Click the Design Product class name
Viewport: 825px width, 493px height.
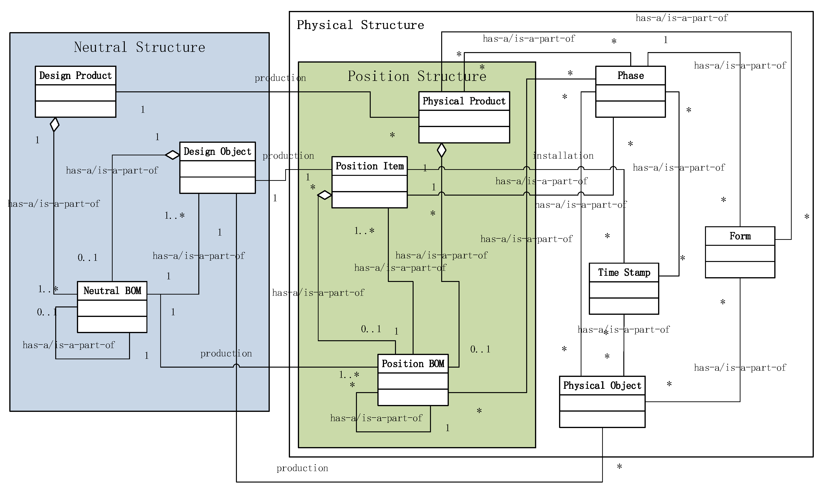pyautogui.click(x=75, y=75)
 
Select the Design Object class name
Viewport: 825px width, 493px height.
pyautogui.click(x=217, y=152)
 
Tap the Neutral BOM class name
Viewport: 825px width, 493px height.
pyautogui.click(x=112, y=291)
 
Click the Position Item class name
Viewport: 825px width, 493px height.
pyautogui.click(x=369, y=166)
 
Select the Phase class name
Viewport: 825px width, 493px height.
pyautogui.click(x=630, y=75)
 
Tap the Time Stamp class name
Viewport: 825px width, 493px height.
pyautogui.click(x=624, y=272)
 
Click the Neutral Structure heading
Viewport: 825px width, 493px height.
pyautogui.click(x=139, y=47)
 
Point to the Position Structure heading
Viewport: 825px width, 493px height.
pyautogui.click(x=417, y=76)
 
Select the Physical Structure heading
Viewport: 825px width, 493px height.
pyautogui.click(x=360, y=25)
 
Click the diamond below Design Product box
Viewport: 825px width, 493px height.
pyautogui.click(x=55, y=125)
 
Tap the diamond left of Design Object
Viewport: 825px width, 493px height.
pyautogui.click(x=173, y=155)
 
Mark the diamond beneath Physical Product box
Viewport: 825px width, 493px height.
pyautogui.click(x=441, y=150)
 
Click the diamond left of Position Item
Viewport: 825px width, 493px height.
pyautogui.click(x=325, y=195)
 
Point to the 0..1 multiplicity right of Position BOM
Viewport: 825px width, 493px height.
pyautogui.click(x=480, y=349)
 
